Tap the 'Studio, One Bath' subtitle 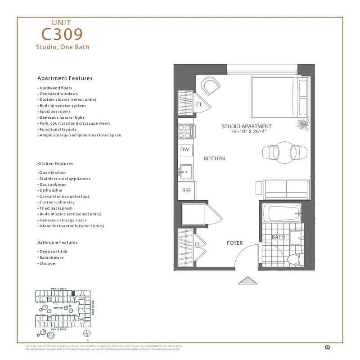click(63, 47)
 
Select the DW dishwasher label click(184, 149)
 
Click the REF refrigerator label click(186, 191)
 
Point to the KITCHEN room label click(214, 158)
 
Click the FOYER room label click(234, 243)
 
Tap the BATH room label click(278, 237)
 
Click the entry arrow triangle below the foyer click(247, 280)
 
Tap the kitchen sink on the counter click(185, 171)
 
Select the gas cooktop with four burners click(185, 131)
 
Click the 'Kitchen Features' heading click(55, 164)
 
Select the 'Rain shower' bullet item click(51, 257)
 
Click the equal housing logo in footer click(326, 346)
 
